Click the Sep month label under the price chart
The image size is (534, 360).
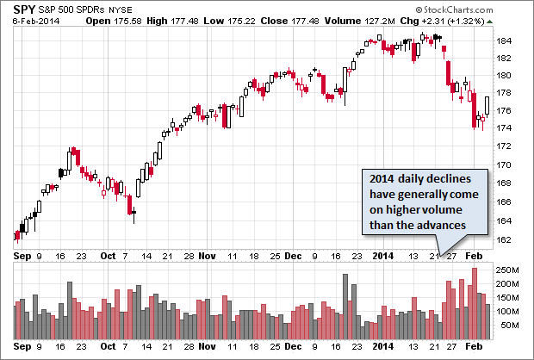point(22,256)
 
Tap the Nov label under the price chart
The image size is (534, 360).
point(208,256)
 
